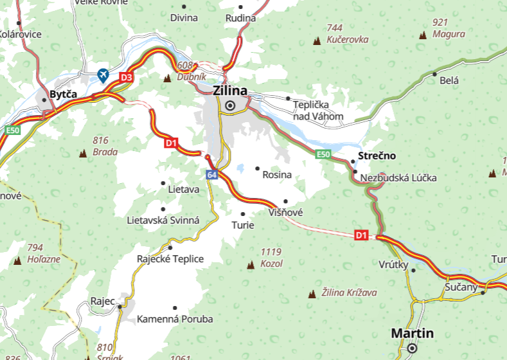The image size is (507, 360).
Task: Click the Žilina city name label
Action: (229, 91)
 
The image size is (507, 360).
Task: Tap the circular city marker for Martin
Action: (412, 348)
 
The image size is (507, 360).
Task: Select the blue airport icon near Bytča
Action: (102, 76)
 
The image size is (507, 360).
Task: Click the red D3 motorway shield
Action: (127, 78)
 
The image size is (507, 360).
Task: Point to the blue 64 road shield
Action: (212, 175)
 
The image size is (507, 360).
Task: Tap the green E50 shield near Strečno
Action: (323, 154)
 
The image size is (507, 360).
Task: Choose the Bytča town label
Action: (63, 94)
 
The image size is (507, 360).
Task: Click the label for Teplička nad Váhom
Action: (318, 110)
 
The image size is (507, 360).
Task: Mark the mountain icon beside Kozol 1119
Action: (251, 264)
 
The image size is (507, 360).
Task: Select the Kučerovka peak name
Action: (347, 39)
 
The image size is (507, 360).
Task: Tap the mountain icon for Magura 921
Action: (423, 35)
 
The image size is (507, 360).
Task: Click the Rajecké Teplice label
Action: (170, 259)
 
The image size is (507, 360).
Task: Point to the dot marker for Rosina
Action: (257, 169)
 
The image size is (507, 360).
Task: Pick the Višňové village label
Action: (286, 212)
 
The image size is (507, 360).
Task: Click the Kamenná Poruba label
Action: (175, 319)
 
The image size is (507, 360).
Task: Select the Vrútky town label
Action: (393, 264)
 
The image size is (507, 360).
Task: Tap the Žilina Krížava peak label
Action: (350, 292)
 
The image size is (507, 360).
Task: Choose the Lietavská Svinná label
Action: (163, 220)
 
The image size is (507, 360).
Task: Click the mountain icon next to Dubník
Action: (168, 78)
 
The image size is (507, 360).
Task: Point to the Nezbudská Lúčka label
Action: (398, 177)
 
